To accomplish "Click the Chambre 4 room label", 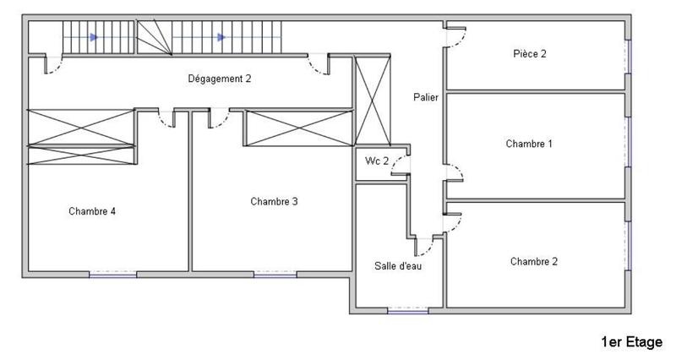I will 92,211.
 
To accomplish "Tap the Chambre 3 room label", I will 274,201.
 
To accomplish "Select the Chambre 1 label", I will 529,144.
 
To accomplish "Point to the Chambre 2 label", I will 534,261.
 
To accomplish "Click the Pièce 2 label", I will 530,54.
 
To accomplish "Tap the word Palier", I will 426,97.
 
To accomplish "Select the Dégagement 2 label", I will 219,79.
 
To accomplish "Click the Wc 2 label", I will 376,161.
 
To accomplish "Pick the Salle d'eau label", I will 398,265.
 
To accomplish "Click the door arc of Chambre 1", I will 455,174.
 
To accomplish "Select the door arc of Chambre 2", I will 455,219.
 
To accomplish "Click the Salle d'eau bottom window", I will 407,311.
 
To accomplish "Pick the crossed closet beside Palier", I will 373,100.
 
